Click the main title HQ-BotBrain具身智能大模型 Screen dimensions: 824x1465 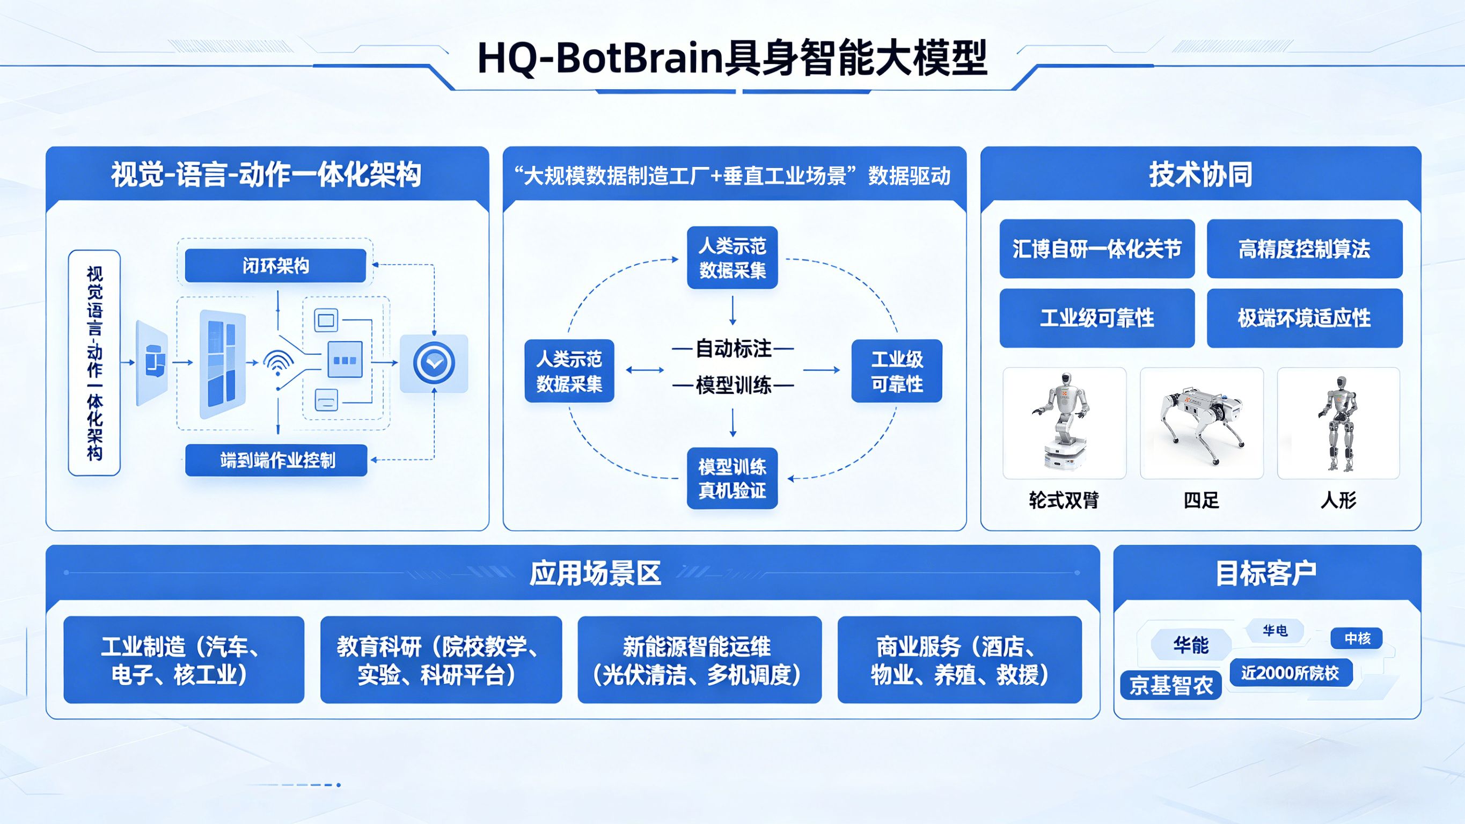point(732,58)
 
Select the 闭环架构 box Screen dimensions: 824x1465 point(275,265)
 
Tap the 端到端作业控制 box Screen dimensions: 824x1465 point(277,460)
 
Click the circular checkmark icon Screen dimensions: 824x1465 point(434,363)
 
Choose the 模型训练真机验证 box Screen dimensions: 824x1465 point(732,478)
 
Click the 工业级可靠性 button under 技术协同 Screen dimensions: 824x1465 point(1096,318)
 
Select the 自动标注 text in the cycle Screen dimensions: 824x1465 point(733,348)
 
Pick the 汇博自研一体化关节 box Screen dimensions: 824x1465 point(1096,249)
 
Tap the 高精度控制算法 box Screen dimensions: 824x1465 point(1304,249)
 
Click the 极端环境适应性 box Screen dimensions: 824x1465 point(1304,318)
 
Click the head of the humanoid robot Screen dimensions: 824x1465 point(1341,382)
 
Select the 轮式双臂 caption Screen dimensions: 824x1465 point(1064,500)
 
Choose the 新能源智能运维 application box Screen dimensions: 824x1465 point(699,660)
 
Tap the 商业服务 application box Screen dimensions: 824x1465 point(959,660)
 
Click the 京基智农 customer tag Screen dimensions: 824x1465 point(1171,685)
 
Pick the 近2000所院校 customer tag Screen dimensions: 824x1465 point(1290,673)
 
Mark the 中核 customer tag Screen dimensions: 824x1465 point(1357,638)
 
